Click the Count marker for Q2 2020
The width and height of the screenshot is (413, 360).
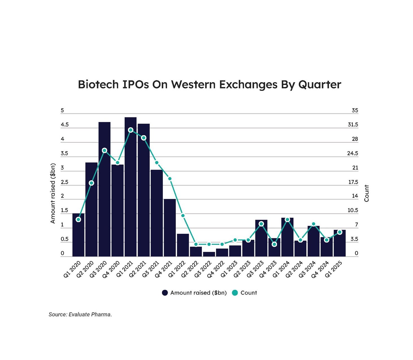tap(91, 183)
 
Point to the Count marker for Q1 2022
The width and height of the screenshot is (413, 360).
tap(183, 216)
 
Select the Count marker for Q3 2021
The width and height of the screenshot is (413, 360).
tap(157, 163)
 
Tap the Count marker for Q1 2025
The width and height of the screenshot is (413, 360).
tap(340, 232)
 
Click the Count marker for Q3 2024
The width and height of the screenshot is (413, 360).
tap(313, 224)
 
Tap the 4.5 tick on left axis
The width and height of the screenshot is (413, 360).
tap(65, 125)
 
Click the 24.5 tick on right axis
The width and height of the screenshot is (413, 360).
tap(353, 153)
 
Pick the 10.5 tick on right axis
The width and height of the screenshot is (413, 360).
tap(353, 210)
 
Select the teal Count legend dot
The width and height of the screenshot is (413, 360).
tap(235, 293)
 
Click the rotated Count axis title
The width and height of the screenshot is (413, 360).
tap(367, 193)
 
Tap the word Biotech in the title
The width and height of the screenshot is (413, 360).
tap(98, 84)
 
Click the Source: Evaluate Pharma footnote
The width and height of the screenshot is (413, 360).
tap(80, 315)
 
